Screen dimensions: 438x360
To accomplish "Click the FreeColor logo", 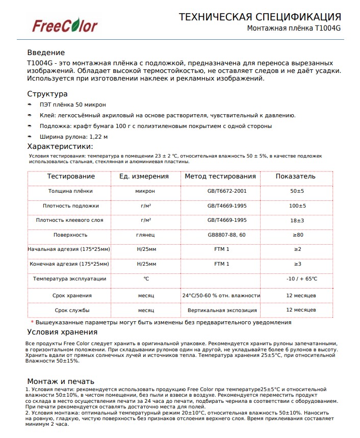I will pos(65,25).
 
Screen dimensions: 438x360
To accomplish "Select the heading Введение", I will pos(46,53).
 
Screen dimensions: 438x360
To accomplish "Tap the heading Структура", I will pos(47,94).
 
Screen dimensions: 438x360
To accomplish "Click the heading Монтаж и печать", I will pos(61,381).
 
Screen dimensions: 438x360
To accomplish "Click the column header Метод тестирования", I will pos(220,176).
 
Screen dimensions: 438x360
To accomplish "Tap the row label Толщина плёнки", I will pos(70,191).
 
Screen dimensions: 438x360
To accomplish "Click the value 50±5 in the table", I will pos(297,191).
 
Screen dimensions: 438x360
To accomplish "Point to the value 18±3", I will pos(297,220).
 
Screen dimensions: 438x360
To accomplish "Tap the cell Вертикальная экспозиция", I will pos(220,310).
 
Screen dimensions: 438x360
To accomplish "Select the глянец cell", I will pos(145,235).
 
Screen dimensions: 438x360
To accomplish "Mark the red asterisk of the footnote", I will pos(32,322).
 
